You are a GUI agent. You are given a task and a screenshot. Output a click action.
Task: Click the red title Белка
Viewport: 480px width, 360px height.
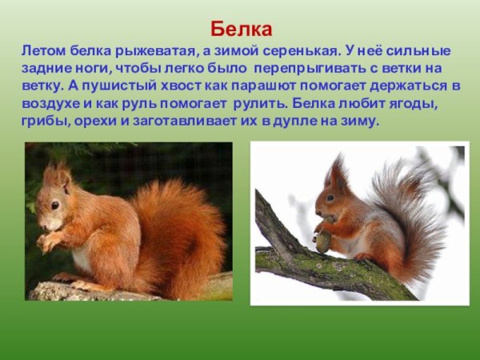click(x=242, y=30)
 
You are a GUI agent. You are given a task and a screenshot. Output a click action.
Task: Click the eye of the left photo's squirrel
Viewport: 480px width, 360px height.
click(x=54, y=204)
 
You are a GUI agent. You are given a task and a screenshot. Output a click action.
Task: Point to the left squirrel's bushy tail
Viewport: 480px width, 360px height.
click(x=180, y=232)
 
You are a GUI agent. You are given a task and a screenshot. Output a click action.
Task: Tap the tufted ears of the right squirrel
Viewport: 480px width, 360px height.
click(x=336, y=170)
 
